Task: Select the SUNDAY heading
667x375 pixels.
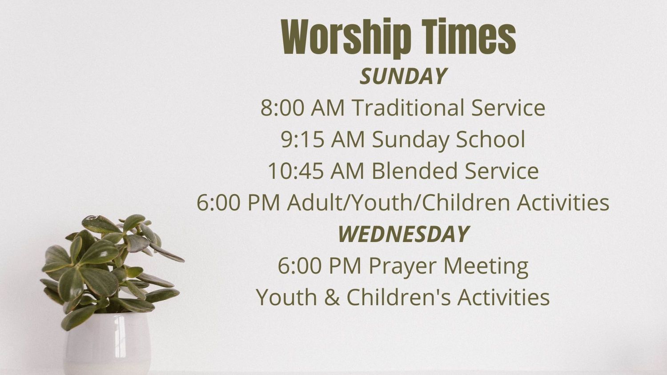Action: (403, 76)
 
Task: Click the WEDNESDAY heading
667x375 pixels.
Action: (403, 234)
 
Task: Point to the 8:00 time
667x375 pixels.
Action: (282, 108)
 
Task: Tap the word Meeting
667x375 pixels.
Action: (486, 266)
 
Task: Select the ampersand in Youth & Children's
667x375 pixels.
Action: (332, 297)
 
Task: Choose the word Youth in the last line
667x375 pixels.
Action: (286, 297)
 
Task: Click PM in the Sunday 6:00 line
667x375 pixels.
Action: (264, 203)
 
